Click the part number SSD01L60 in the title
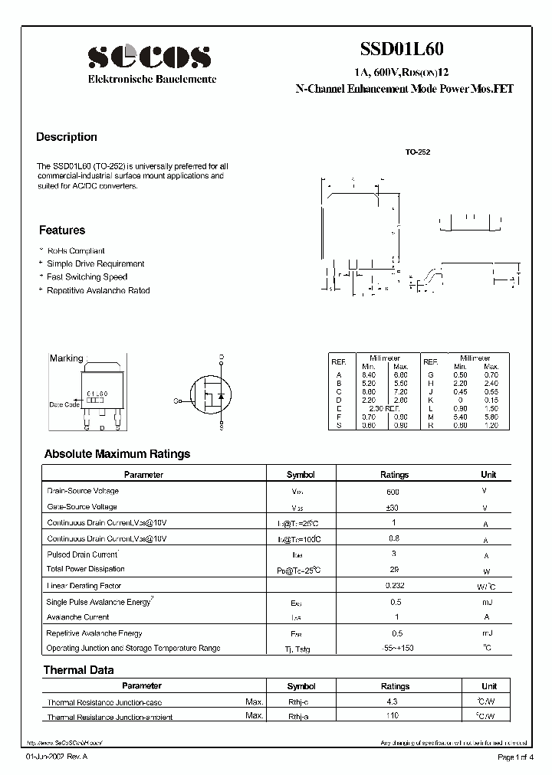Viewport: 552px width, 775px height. point(401,49)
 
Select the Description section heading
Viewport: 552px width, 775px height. point(67,137)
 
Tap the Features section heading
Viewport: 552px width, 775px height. point(62,231)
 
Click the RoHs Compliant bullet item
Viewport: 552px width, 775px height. point(75,251)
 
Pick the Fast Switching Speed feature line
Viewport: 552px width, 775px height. point(87,277)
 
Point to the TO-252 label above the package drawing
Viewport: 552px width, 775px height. point(418,152)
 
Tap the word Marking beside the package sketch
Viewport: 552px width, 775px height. point(66,358)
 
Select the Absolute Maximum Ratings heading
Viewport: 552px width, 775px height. point(117,454)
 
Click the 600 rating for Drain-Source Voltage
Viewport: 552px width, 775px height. point(394,492)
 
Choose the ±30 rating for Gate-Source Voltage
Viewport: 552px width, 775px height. point(394,507)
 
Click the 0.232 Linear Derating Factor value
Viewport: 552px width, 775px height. point(394,585)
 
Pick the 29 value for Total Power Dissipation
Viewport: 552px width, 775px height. point(394,570)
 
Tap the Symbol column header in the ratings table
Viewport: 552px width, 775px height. point(301,475)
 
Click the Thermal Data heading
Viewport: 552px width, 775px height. point(78,670)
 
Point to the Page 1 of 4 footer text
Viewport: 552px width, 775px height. point(516,757)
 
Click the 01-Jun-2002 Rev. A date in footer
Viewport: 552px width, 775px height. point(57,757)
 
